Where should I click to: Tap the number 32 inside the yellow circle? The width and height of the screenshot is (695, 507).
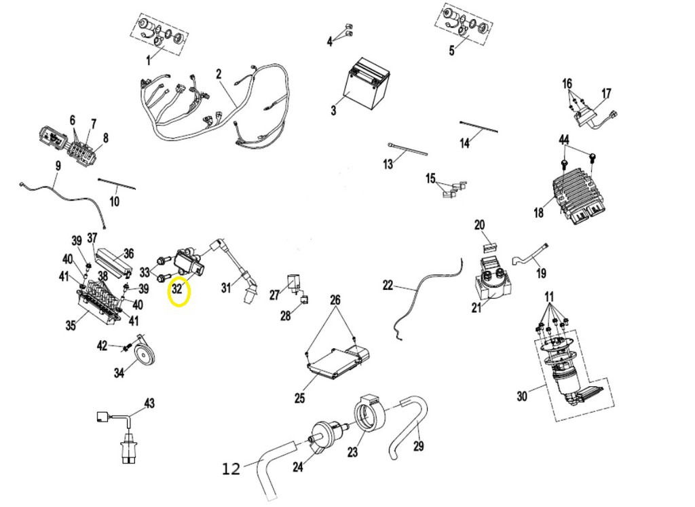point(177,289)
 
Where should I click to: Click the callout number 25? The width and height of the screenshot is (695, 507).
point(299,398)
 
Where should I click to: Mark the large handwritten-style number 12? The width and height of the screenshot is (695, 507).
point(231,468)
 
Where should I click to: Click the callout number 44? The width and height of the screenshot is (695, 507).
point(563,140)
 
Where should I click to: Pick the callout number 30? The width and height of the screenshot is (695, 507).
point(522,396)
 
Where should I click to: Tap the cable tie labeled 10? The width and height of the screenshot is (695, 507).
point(117,185)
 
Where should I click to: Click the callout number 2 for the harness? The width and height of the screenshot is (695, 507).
point(219,74)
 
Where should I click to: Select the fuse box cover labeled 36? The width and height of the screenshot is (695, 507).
point(114,262)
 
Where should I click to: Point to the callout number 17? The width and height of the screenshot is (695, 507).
point(606,94)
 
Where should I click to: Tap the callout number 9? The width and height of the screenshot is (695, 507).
point(58,166)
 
